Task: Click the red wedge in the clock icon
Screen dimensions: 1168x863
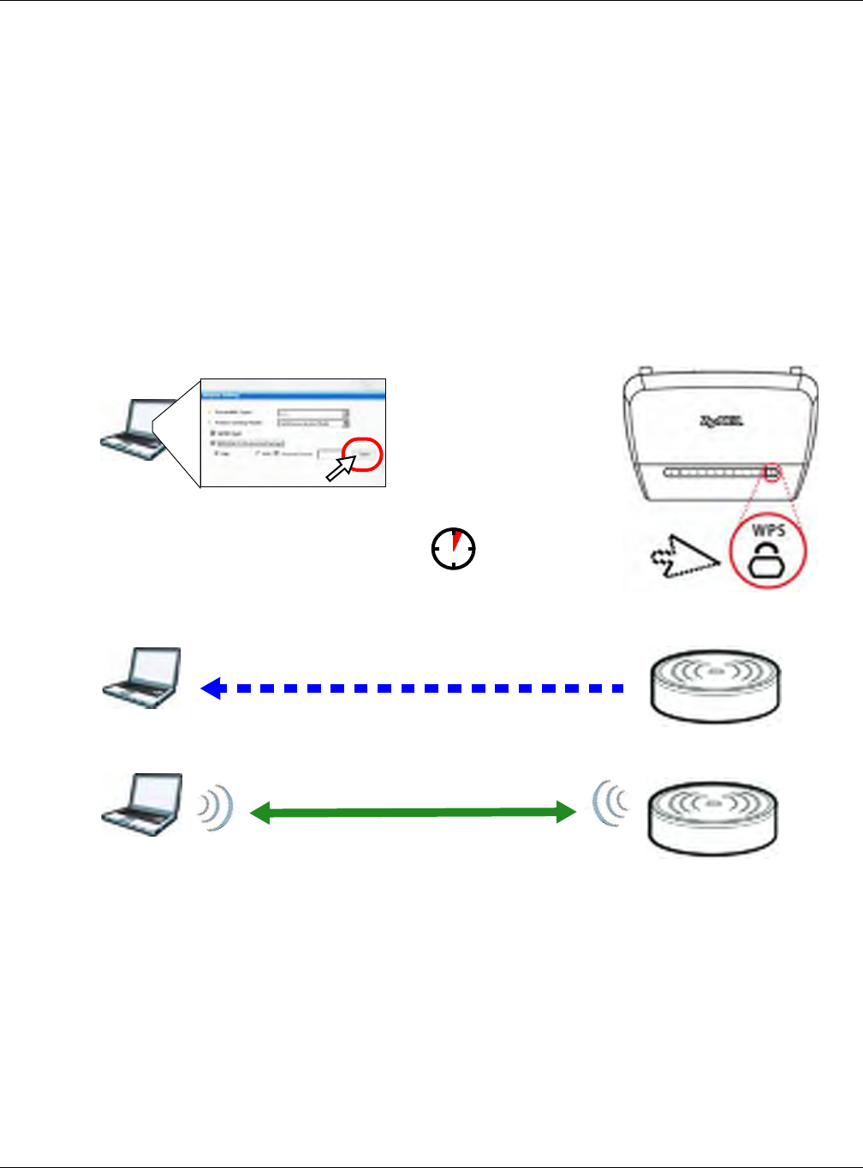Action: click(457, 540)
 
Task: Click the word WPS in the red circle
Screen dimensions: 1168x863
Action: click(768, 531)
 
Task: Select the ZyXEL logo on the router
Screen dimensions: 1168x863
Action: click(722, 421)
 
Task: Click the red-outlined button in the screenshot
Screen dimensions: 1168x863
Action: click(364, 454)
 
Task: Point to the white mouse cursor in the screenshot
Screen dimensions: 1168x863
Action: click(340, 468)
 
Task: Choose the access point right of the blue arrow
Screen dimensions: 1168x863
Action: click(715, 687)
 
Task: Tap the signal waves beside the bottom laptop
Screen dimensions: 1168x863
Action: click(216, 808)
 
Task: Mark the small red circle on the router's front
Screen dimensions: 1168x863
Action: click(771, 472)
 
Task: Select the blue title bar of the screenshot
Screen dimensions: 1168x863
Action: click(293, 395)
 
